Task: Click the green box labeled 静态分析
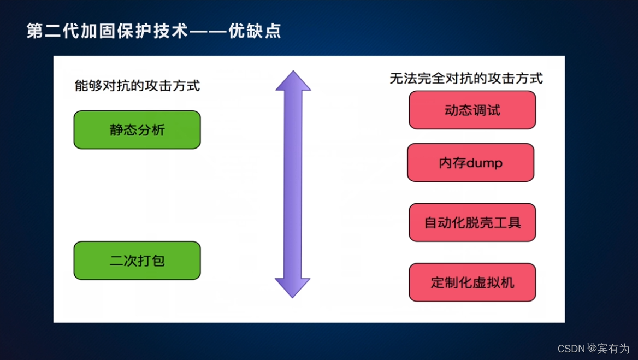click(x=137, y=130)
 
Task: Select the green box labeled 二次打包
click(x=137, y=261)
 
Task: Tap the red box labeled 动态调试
click(x=472, y=110)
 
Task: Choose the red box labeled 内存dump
click(x=470, y=163)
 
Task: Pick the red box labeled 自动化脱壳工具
click(x=472, y=222)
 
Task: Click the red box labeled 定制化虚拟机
click(x=472, y=282)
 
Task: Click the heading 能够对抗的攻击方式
click(x=137, y=86)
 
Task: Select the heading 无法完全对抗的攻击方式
click(x=466, y=79)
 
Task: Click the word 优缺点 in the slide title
click(x=262, y=31)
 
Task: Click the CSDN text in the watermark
click(x=572, y=349)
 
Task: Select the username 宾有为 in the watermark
click(x=613, y=349)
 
